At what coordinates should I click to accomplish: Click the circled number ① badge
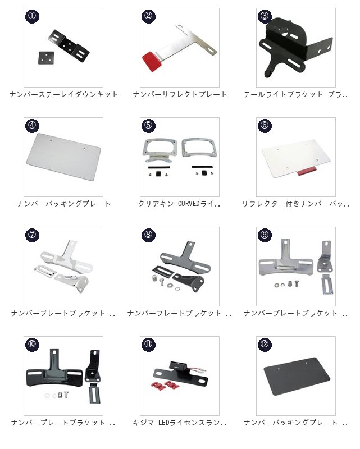[32, 16]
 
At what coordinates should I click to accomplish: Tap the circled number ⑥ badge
[265, 125]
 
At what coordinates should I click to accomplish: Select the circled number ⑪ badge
[148, 344]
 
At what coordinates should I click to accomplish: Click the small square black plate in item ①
[46, 58]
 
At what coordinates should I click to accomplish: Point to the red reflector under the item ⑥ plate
[307, 171]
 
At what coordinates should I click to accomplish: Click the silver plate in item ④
[63, 157]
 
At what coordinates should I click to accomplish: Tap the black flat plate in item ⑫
[297, 376]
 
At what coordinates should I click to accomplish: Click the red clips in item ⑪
[165, 385]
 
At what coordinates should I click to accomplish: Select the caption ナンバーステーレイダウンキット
[63, 94]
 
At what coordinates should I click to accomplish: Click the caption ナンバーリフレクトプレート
[180, 94]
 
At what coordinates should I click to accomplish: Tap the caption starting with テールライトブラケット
[295, 94]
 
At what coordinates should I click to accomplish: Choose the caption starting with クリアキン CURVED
[179, 204]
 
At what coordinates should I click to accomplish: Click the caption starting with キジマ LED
[180, 423]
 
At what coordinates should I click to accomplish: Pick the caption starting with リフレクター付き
[296, 204]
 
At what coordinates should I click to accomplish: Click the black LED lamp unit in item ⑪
[179, 366]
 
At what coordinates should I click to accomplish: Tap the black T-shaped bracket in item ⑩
[54, 369]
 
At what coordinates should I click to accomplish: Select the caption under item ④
[63, 204]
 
